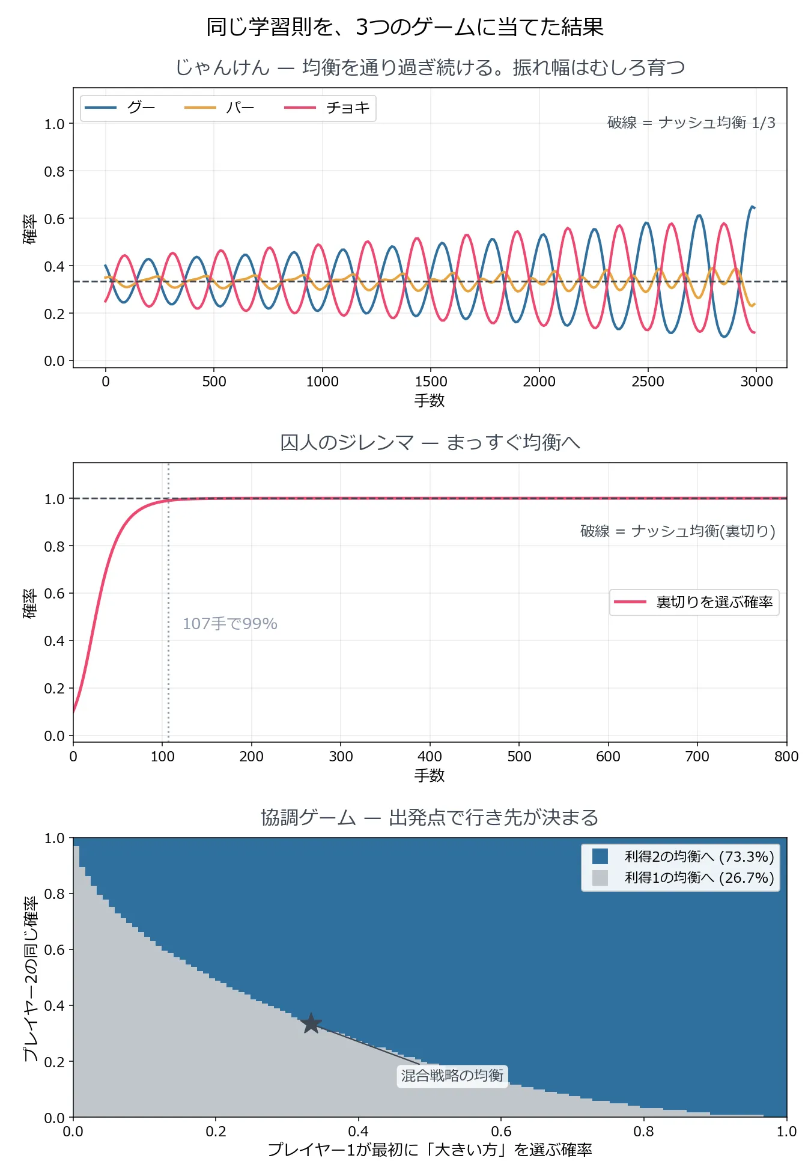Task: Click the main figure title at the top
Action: (405, 27)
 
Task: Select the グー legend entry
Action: (120, 108)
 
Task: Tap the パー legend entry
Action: (220, 108)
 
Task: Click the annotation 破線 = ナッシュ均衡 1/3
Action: (691, 123)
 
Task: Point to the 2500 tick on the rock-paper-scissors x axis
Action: (648, 381)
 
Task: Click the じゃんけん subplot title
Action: (430, 67)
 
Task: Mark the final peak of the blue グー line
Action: (752, 206)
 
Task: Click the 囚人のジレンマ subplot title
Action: (430, 442)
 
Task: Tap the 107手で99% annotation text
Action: (230, 624)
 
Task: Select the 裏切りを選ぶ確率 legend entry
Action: (694, 602)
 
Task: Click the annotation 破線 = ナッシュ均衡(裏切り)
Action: (678, 531)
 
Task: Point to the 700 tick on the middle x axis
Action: (697, 756)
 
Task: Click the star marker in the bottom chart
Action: (311, 1023)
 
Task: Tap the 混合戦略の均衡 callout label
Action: (452, 1075)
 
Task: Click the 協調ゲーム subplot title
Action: (430, 817)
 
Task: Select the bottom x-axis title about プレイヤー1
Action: (430, 1150)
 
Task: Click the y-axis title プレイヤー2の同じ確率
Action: (30, 978)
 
